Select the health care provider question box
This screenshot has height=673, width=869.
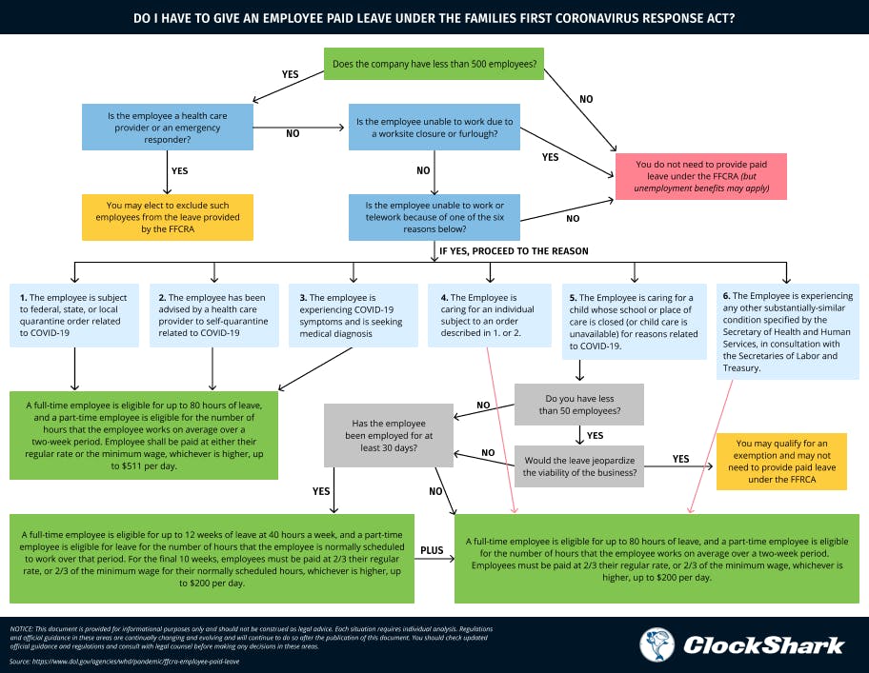(x=167, y=127)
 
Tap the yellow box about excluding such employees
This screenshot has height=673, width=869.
(x=167, y=217)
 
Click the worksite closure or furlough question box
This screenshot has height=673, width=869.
(x=434, y=127)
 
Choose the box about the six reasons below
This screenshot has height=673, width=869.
(x=434, y=217)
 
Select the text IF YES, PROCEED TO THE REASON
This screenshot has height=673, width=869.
(x=514, y=251)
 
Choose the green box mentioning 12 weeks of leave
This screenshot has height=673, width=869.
(x=212, y=558)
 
